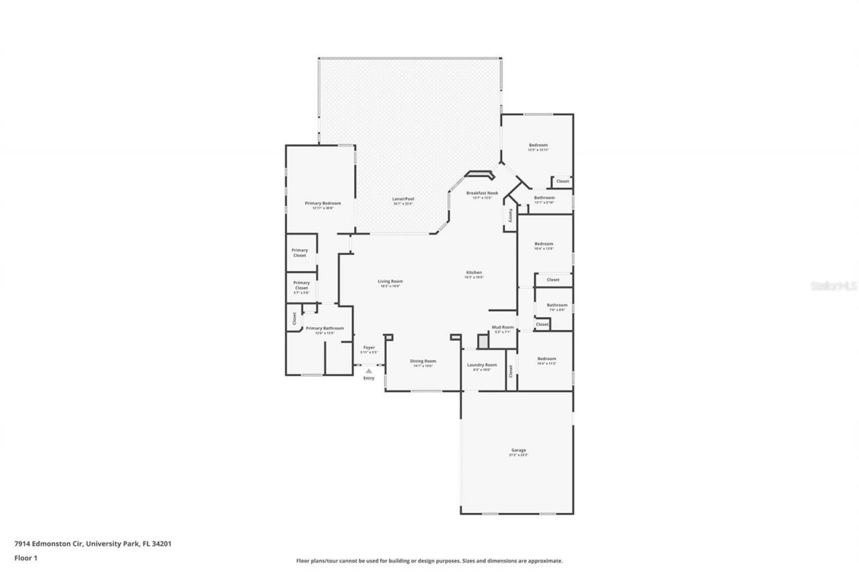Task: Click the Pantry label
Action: tap(510, 215)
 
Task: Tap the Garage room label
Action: tap(518, 450)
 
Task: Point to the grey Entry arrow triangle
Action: tap(368, 370)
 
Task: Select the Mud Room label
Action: tap(503, 327)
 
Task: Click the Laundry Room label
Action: tap(481, 365)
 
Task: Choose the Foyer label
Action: tap(369, 347)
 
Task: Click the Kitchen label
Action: tap(474, 272)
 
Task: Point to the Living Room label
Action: tap(390, 281)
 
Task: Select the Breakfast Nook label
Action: tap(483, 193)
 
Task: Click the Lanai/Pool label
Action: tap(403, 198)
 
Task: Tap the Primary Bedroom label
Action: tap(323, 203)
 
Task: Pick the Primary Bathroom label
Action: tap(325, 328)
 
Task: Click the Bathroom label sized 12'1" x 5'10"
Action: tap(544, 198)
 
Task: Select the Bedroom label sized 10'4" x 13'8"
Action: tap(544, 243)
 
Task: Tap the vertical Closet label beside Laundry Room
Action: tap(510, 370)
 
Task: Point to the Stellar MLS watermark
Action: tap(834, 286)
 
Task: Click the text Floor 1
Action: tap(25, 557)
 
